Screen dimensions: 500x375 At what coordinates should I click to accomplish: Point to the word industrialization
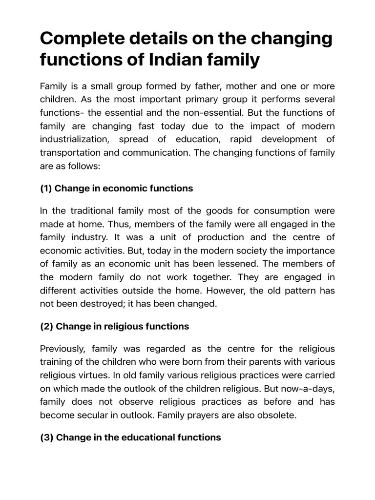click(74, 139)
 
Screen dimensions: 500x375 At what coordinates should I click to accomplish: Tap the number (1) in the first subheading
click(47, 188)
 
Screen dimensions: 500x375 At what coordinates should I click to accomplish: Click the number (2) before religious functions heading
click(47, 327)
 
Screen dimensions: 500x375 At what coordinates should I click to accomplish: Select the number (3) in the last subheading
click(47, 437)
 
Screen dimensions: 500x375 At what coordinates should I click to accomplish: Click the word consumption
click(281, 211)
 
